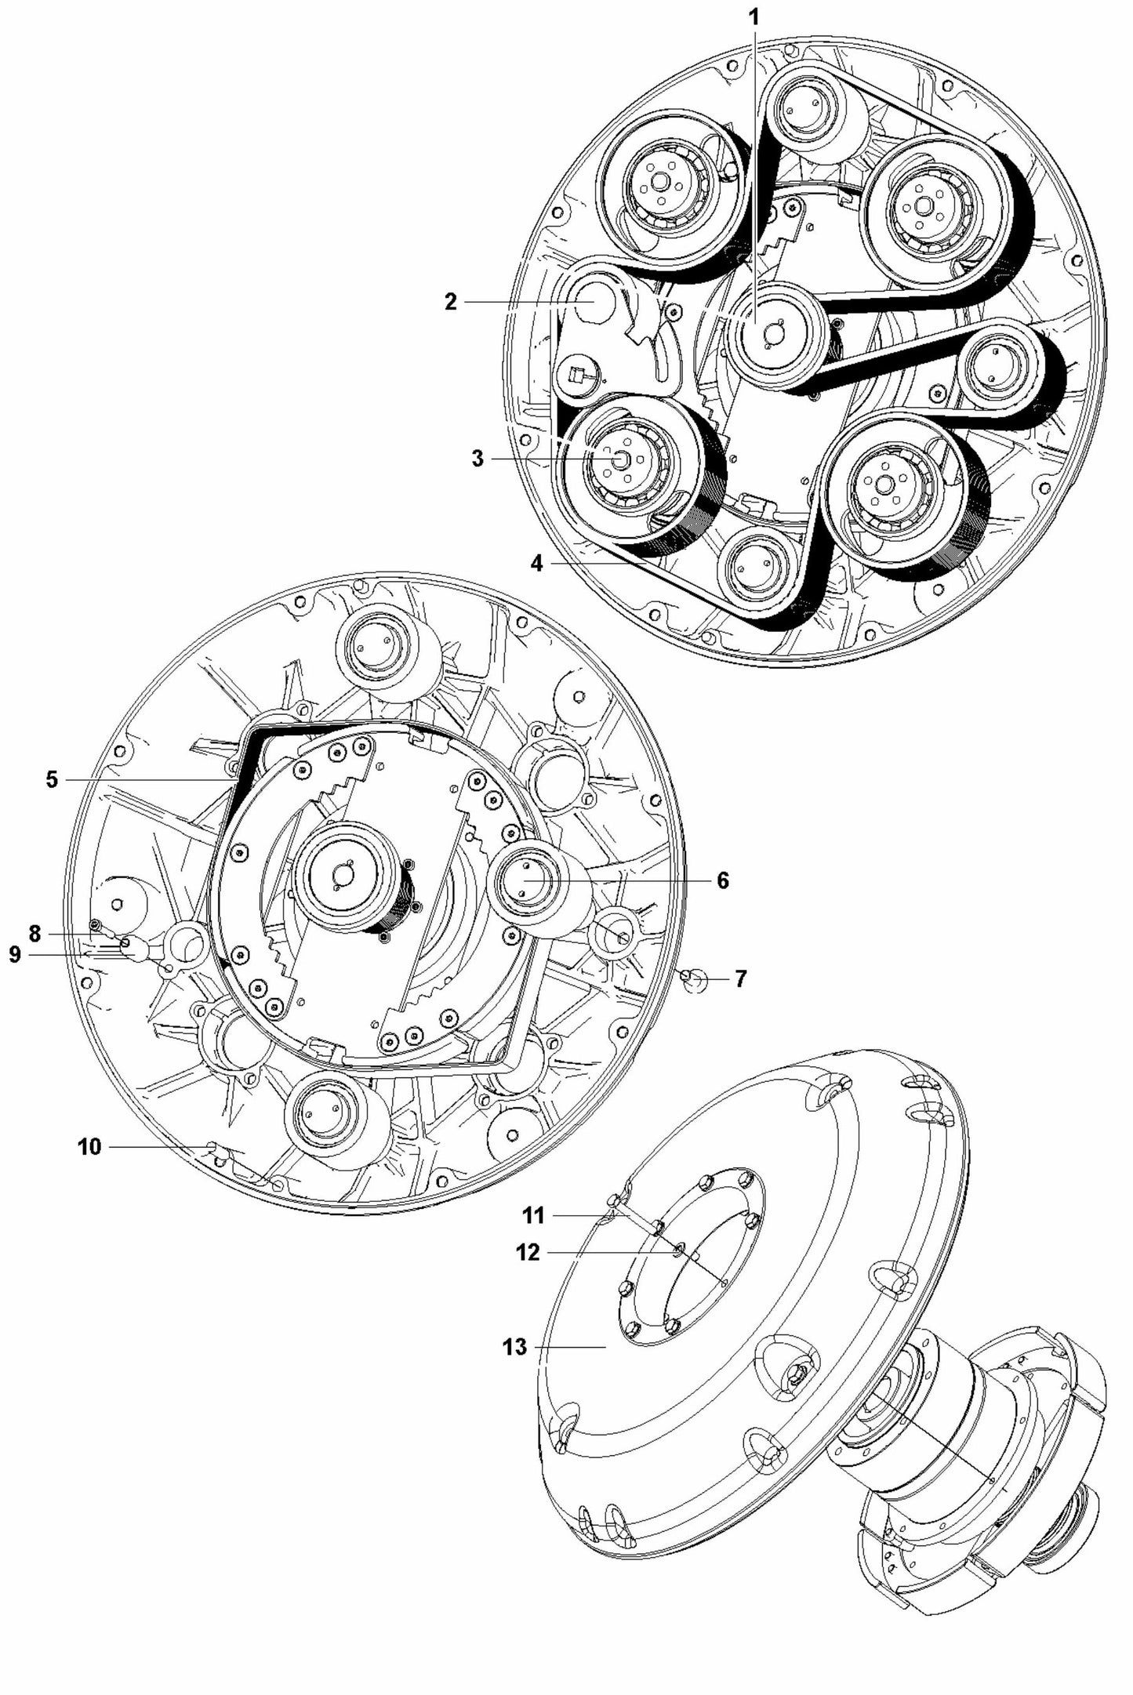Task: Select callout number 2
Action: tap(450, 303)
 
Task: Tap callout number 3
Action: tap(478, 459)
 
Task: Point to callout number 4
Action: tap(536, 563)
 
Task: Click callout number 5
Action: tap(52, 780)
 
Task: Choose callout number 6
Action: tap(722, 880)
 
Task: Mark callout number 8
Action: tap(34, 934)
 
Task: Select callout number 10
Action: tap(89, 1147)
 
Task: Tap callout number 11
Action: tap(533, 1216)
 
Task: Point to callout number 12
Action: tap(528, 1253)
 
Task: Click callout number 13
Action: tap(514, 1347)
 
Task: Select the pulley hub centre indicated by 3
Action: tap(619, 460)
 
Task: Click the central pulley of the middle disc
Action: tap(342, 870)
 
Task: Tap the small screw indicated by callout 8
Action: tap(96, 925)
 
